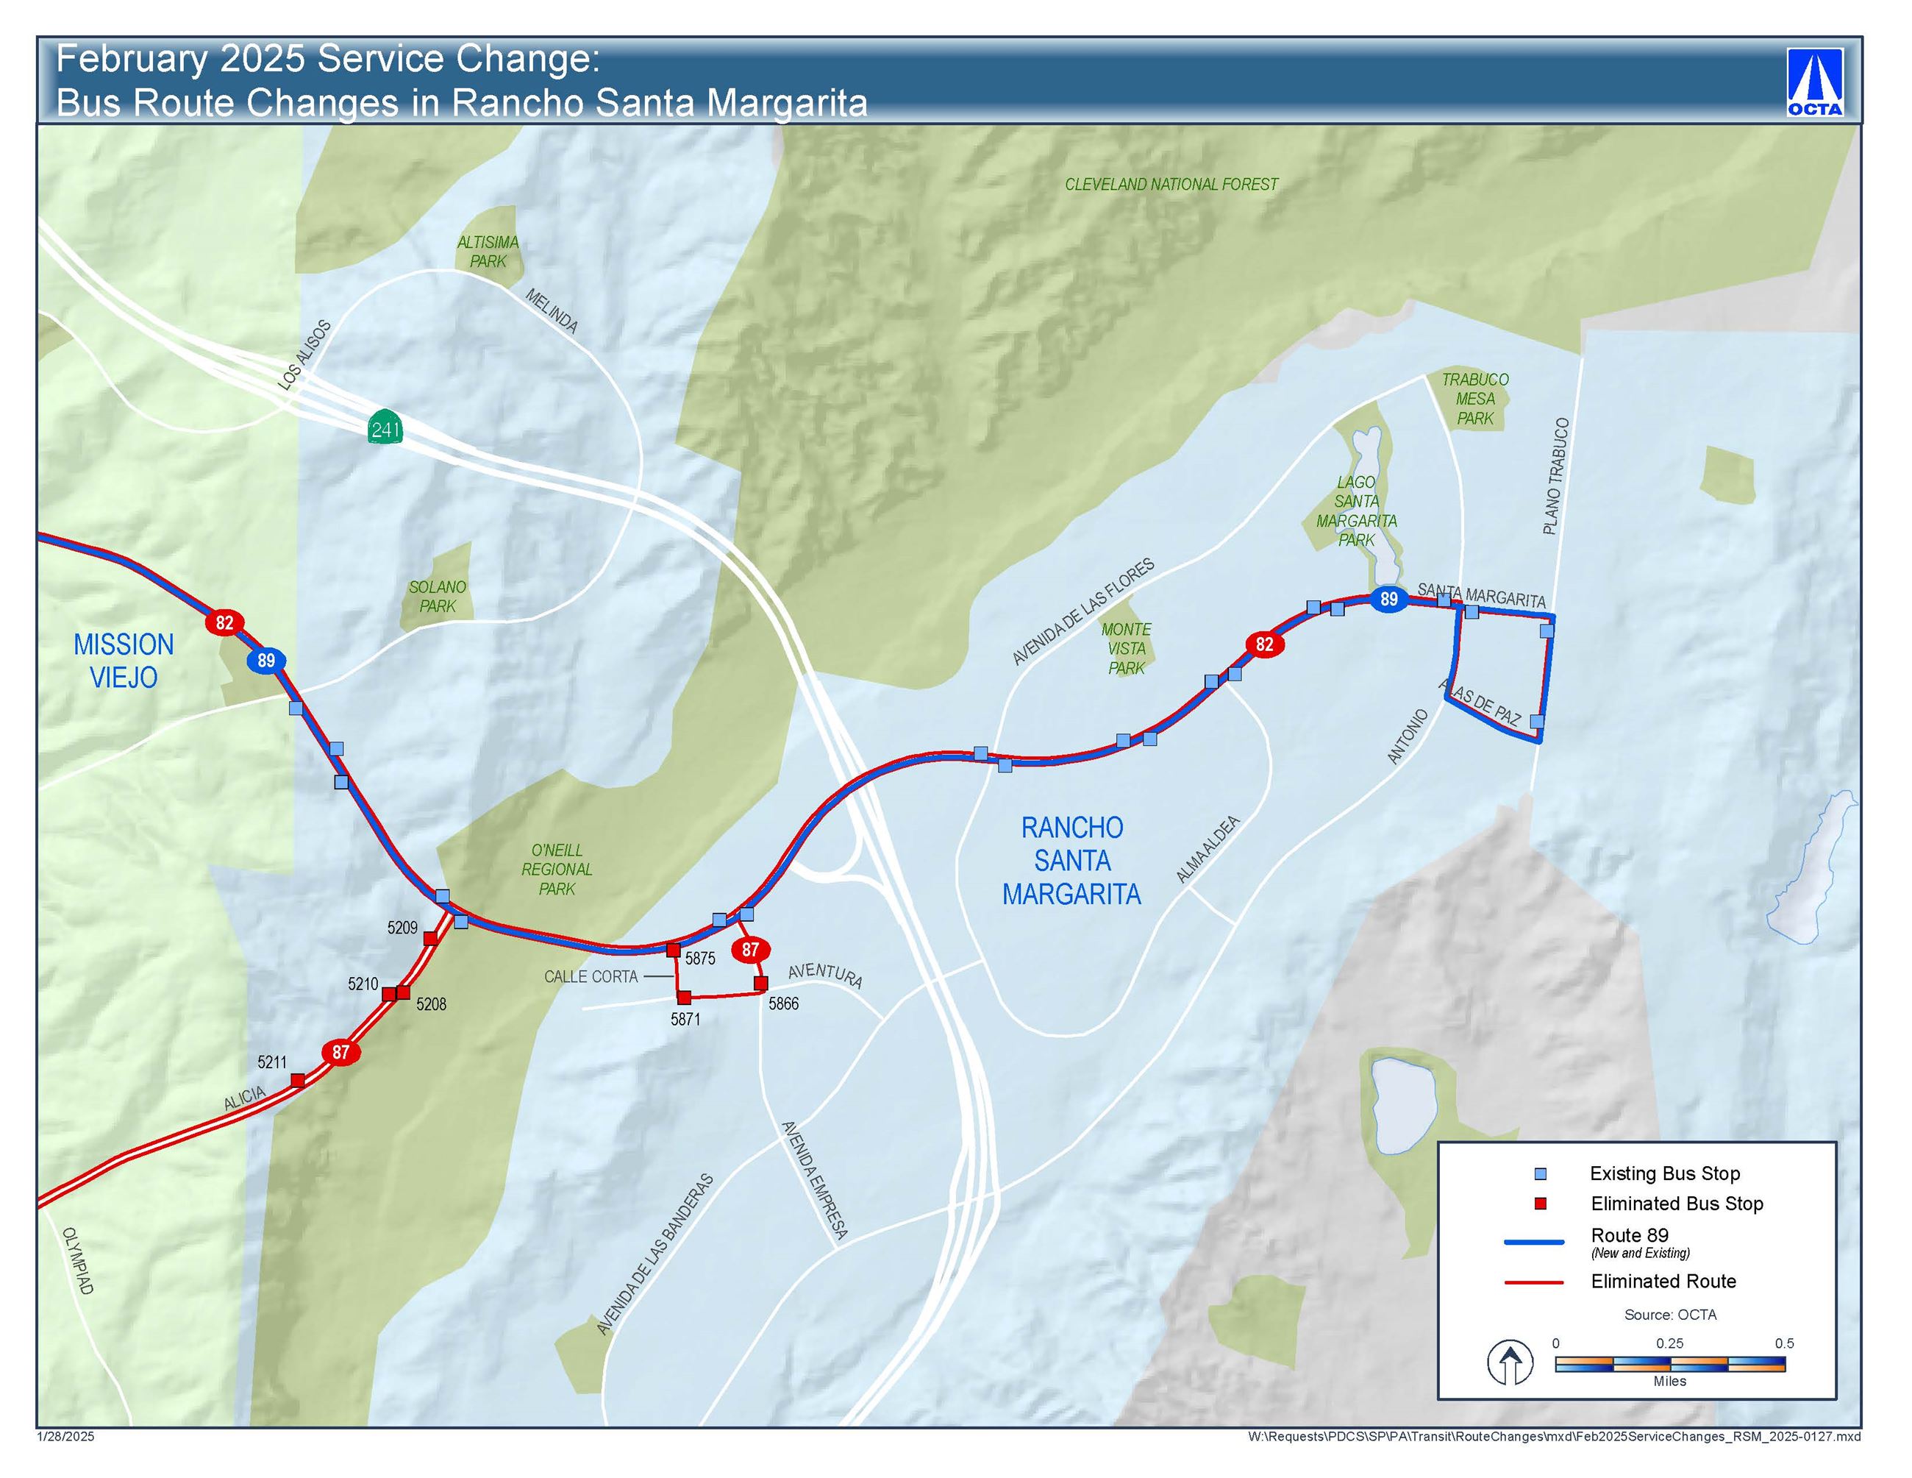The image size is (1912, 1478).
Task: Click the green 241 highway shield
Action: (x=385, y=428)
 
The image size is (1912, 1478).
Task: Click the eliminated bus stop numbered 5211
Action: (x=298, y=1079)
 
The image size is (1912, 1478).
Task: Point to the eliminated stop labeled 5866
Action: (x=761, y=984)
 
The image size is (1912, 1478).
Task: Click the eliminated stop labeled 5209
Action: (x=430, y=939)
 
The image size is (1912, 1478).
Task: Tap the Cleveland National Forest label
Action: (x=1171, y=185)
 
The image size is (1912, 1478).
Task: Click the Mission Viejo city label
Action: (x=124, y=661)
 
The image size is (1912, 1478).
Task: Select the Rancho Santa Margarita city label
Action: (x=1071, y=861)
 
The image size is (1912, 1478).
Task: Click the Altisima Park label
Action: (x=488, y=252)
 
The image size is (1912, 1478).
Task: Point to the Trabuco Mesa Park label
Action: (x=1475, y=399)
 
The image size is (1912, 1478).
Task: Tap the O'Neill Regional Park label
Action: (x=557, y=870)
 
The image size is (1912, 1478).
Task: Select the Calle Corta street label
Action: (x=591, y=976)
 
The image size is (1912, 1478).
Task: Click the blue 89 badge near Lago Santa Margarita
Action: (x=1388, y=599)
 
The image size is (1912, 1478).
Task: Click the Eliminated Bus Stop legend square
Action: (x=1541, y=1204)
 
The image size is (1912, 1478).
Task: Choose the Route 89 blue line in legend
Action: (x=1534, y=1242)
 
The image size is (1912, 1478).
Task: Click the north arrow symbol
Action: (x=1510, y=1362)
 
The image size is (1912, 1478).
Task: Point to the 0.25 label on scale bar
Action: (x=1669, y=1343)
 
